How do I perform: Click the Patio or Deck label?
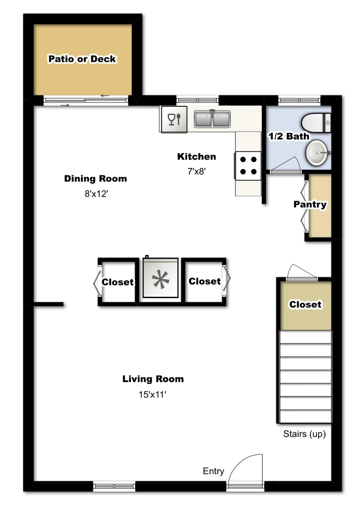click(x=82, y=59)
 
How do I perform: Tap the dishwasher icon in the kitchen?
click(x=174, y=119)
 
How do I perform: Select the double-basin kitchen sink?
click(x=212, y=119)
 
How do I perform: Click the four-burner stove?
click(x=248, y=166)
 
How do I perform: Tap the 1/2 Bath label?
click(x=288, y=136)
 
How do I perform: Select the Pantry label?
click(x=310, y=204)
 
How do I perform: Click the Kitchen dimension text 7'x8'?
click(x=196, y=171)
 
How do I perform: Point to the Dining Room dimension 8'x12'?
click(x=96, y=194)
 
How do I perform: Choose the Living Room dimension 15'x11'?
click(x=152, y=395)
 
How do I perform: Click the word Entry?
click(x=213, y=471)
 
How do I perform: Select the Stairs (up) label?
click(x=304, y=434)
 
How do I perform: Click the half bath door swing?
click(x=286, y=165)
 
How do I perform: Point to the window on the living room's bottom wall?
click(x=114, y=486)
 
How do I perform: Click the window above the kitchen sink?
click(x=197, y=100)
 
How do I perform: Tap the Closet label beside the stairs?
click(x=305, y=304)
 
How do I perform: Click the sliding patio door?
click(x=86, y=100)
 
